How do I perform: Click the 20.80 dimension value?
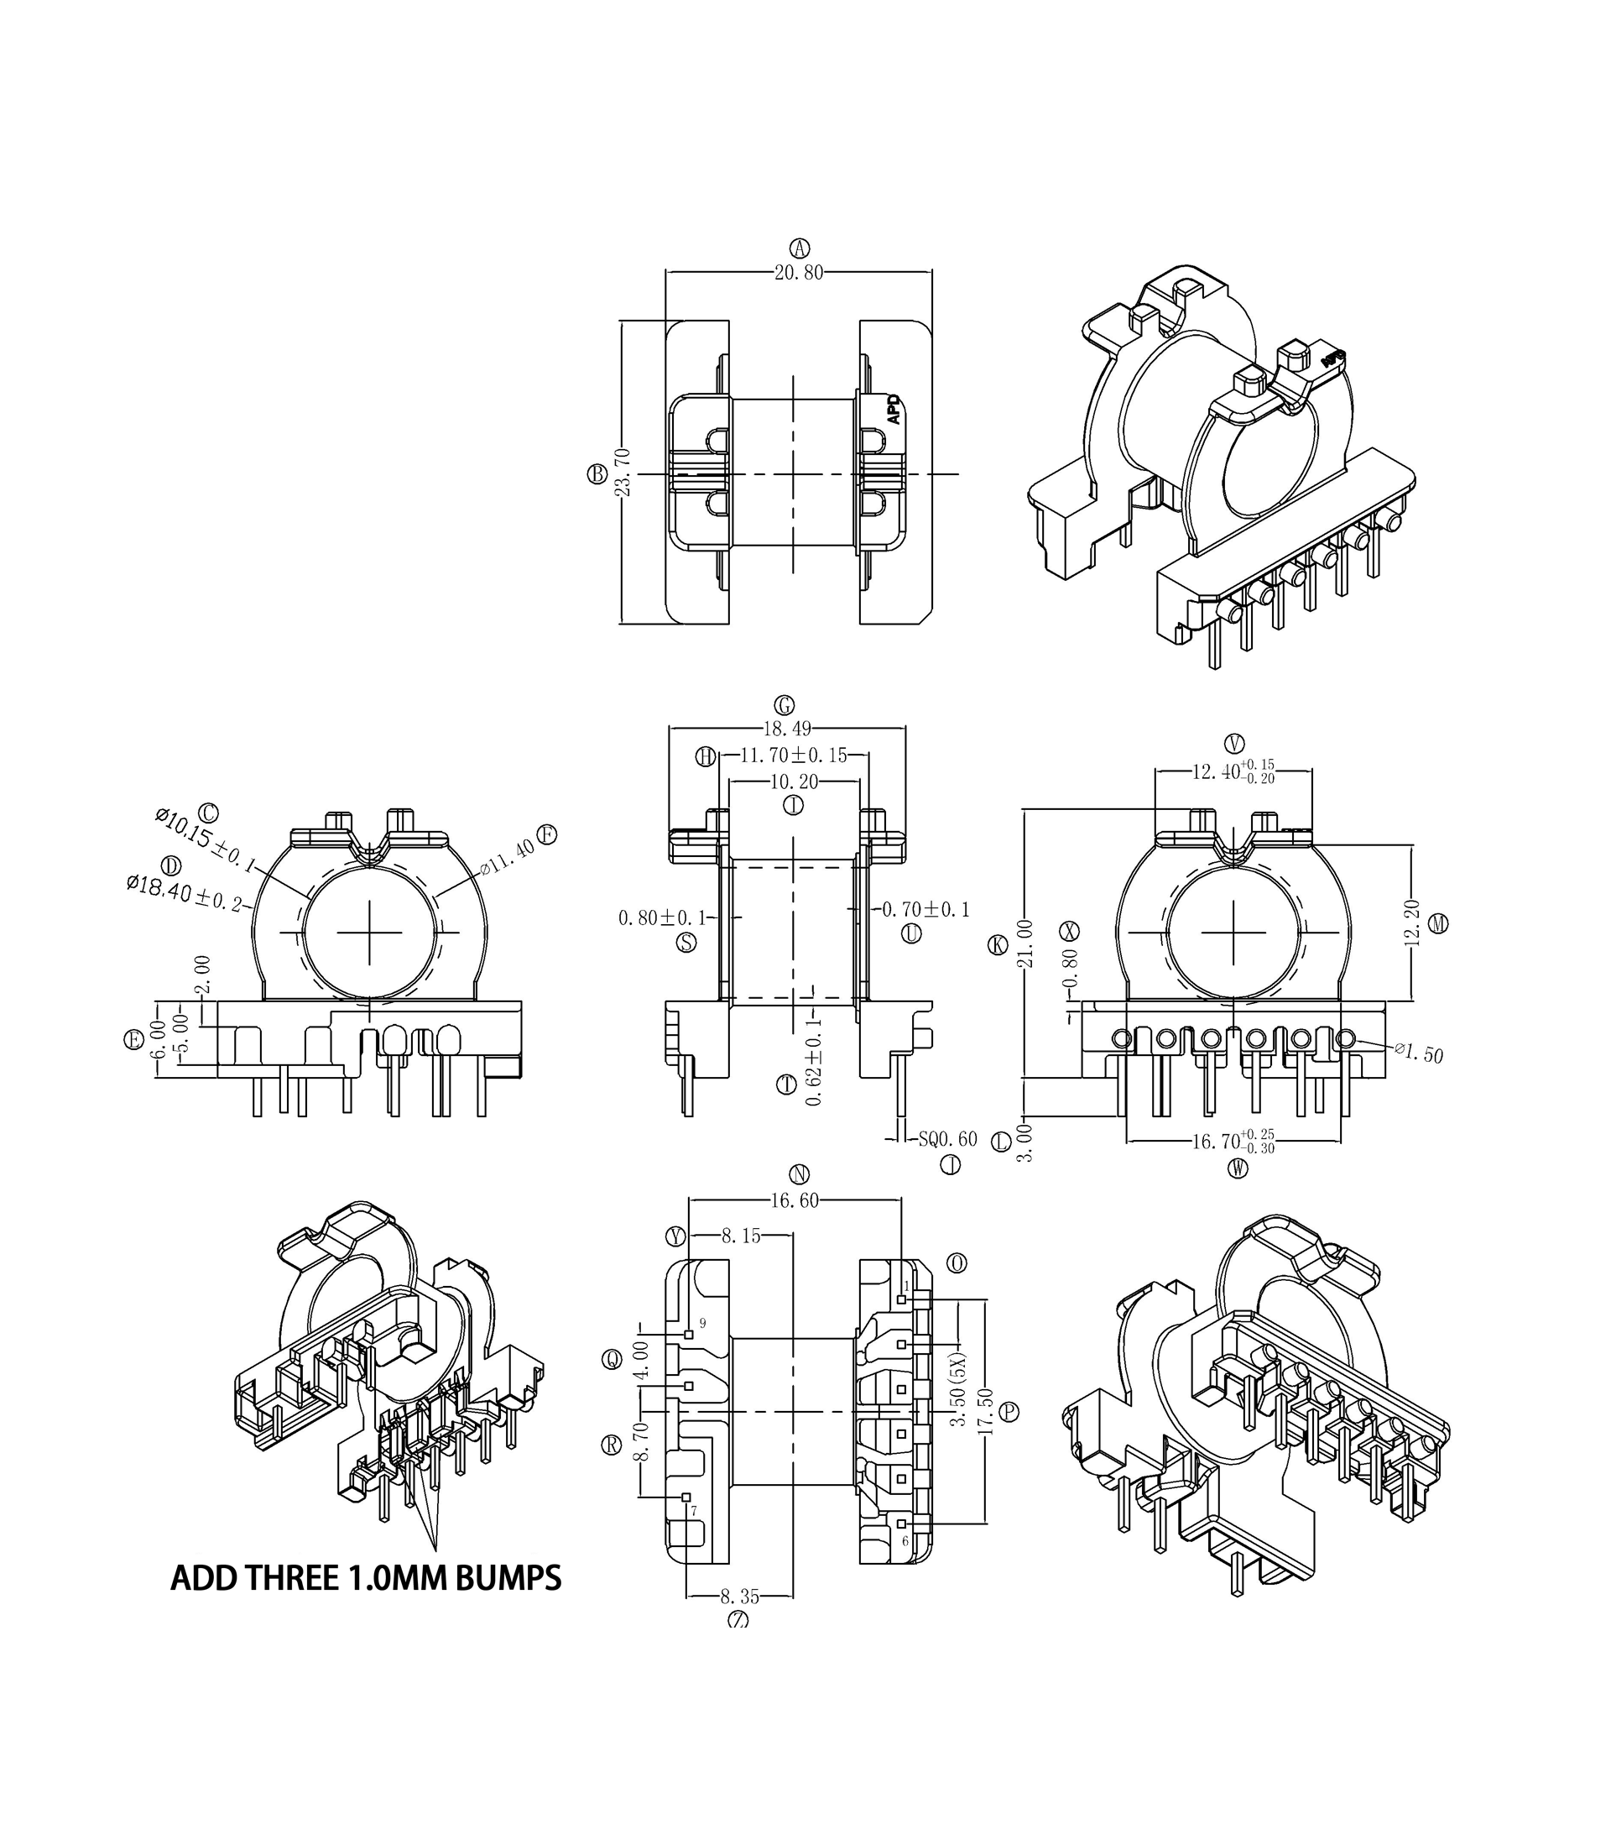click(x=798, y=273)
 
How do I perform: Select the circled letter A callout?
click(x=799, y=248)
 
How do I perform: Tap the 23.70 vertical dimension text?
click(x=623, y=473)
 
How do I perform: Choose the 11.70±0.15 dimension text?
click(x=793, y=755)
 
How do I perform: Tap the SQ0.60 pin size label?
click(x=947, y=1139)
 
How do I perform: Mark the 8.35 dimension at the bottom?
click(x=739, y=1597)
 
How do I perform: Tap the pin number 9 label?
click(x=702, y=1324)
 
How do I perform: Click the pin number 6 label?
click(x=905, y=1541)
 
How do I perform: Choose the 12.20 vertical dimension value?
click(x=1411, y=922)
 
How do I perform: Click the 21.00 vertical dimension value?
click(x=1024, y=943)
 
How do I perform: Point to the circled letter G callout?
click(x=784, y=706)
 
